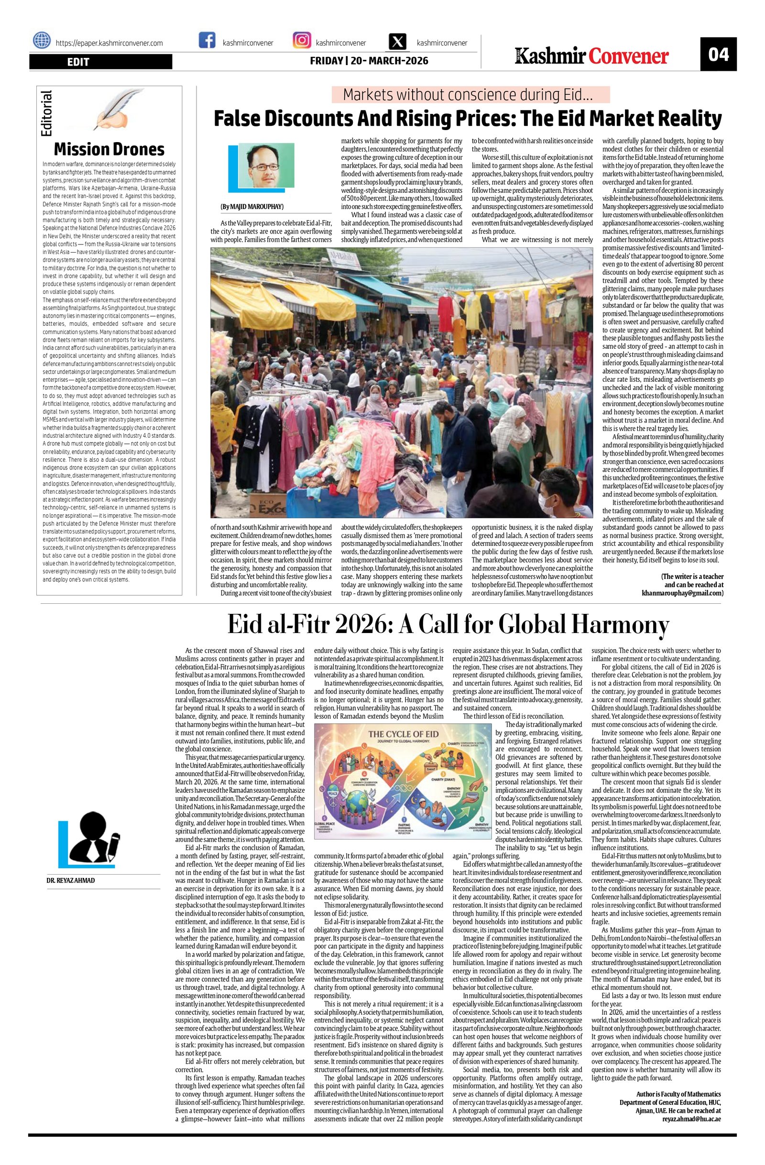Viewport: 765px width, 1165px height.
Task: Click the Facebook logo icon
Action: pyautogui.click(x=207, y=40)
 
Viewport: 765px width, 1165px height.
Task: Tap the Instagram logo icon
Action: pyautogui.click(x=301, y=40)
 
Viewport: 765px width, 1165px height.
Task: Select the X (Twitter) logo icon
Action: pyautogui.click(x=398, y=41)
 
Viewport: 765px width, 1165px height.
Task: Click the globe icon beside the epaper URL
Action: pyautogui.click(x=42, y=40)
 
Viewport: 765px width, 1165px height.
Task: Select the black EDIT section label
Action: pyautogui.click(x=100, y=62)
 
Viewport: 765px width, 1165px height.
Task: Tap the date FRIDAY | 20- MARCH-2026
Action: pyautogui.click(x=369, y=61)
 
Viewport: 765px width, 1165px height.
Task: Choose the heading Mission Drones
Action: pyautogui.click(x=109, y=149)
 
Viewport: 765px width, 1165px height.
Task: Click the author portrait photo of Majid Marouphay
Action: pyautogui.click(x=265, y=166)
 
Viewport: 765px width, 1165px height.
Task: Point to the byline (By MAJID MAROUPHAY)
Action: pyautogui.click(x=252, y=207)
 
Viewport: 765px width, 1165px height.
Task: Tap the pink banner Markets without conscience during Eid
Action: pyautogui.click(x=470, y=94)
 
